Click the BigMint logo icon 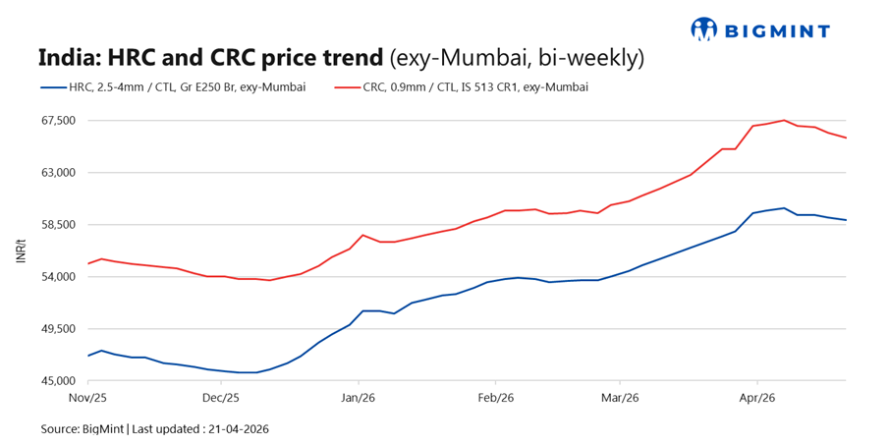704,28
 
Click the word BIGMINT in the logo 776,29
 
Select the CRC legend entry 461,87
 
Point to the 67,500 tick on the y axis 57,121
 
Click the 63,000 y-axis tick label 57,173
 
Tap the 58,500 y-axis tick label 57,225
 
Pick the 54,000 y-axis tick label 57,277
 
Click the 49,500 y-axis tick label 57,329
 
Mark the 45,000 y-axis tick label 57,381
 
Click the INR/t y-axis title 21,250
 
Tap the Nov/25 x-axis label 88,398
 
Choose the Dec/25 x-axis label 220,398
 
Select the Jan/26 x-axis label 359,398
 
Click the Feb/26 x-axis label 495,398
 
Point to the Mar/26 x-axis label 620,398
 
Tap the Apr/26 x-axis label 757,398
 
